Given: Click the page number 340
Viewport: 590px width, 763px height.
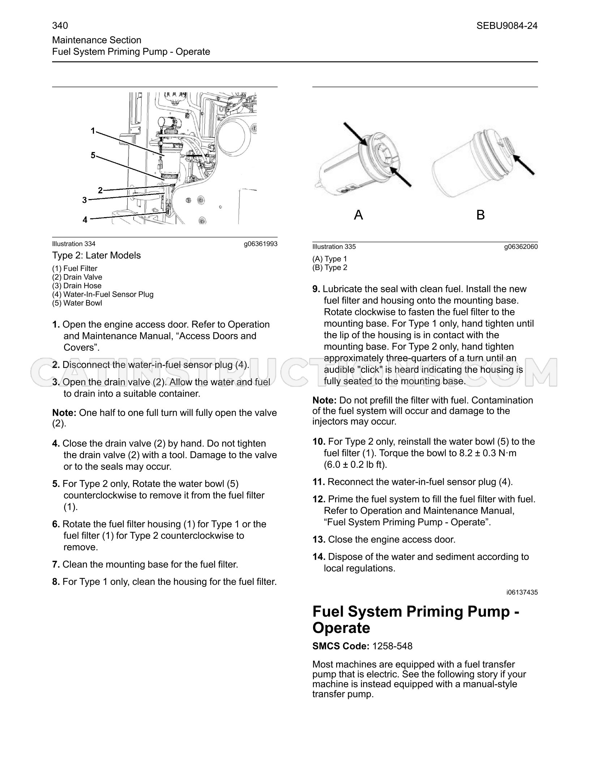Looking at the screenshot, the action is click(60, 26).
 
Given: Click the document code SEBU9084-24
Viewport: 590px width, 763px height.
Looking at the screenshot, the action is click(507, 26).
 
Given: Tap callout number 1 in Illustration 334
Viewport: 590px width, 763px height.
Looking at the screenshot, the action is click(93, 131).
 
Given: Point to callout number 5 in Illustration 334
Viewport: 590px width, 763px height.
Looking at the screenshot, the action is click(93, 155).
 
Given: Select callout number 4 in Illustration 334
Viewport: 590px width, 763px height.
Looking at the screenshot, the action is click(85, 220).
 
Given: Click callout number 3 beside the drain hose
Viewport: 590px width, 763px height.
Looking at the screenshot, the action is click(85, 200).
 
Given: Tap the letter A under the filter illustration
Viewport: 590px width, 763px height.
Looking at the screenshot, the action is click(358, 215).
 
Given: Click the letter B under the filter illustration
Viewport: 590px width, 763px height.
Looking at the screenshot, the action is click(480, 215).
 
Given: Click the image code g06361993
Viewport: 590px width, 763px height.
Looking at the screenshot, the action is click(261, 244).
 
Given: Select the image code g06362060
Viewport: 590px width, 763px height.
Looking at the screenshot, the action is click(521, 247).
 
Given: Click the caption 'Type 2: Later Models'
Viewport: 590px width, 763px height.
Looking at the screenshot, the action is click(97, 255).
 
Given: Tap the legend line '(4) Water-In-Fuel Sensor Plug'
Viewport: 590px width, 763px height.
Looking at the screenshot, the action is click(103, 294).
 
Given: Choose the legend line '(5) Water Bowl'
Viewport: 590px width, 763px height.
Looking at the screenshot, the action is click(77, 303).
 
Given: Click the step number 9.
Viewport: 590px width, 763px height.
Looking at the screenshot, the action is click(316, 289).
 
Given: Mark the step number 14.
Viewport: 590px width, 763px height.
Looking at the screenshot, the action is click(319, 557).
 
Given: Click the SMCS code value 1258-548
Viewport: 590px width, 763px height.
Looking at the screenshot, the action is click(392, 646).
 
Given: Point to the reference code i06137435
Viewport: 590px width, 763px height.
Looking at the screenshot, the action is click(522, 592).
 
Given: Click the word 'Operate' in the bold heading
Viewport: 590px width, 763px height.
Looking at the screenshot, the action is click(341, 628).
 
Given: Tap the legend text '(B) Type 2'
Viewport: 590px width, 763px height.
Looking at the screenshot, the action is click(330, 268).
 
